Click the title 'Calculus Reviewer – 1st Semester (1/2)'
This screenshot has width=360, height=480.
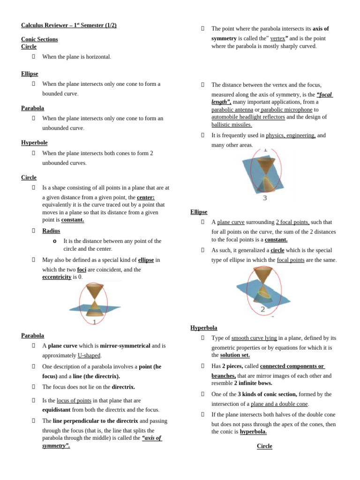pos(68,25)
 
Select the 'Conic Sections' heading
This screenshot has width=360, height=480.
pos(39,39)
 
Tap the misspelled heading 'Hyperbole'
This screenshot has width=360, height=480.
pos(34,142)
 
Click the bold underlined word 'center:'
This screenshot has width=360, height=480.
pos(145,197)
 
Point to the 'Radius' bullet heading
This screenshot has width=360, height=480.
pos(51,231)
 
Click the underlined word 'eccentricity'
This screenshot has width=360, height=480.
pos(57,277)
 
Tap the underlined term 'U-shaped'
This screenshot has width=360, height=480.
pos(89,355)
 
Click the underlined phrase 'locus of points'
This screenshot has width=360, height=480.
pos(74,400)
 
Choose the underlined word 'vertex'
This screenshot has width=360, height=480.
pos(277,38)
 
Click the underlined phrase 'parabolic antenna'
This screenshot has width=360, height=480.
pos(232,110)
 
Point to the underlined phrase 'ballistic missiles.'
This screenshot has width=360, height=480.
pos(232,125)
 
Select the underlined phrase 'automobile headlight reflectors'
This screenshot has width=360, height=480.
pos(248,117)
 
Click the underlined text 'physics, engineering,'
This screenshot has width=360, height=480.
pos(291,135)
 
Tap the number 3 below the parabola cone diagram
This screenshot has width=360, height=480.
pos(265,198)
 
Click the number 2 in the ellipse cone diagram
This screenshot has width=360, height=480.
pos(262,309)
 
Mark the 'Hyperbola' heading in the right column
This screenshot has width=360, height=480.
pos(204,328)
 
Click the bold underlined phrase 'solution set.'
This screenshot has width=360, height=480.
pos(235,355)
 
